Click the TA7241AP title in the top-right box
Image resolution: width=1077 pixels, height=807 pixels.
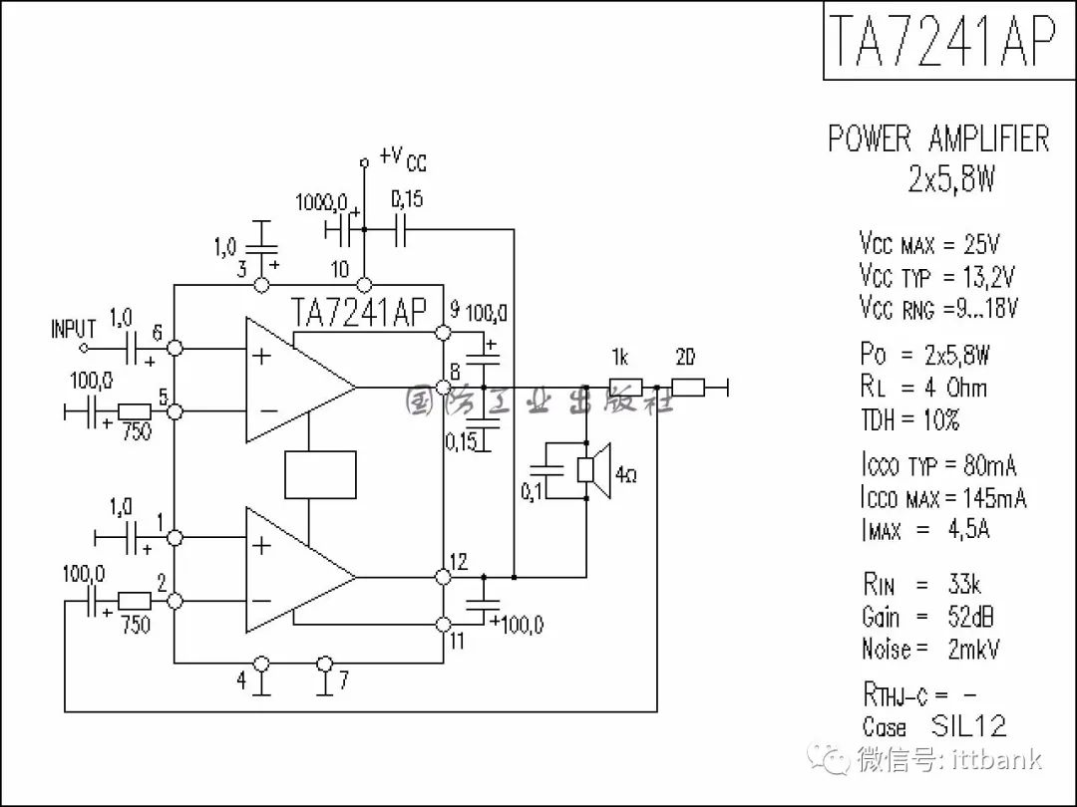pyautogui.click(x=941, y=40)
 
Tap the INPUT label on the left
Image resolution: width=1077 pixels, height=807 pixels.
pyautogui.click(x=74, y=329)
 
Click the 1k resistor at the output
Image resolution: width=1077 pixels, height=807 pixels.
pyautogui.click(x=625, y=388)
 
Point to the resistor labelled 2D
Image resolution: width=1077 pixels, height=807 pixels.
pyautogui.click(x=687, y=388)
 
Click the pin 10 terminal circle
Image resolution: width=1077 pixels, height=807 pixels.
pyautogui.click(x=365, y=285)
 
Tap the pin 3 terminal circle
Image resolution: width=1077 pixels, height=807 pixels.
pyautogui.click(x=261, y=285)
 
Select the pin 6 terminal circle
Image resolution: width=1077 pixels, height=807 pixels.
pyautogui.click(x=176, y=348)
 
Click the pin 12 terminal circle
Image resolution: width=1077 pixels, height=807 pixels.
pyautogui.click(x=444, y=577)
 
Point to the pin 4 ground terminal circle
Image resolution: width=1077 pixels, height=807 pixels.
pyautogui.click(x=261, y=664)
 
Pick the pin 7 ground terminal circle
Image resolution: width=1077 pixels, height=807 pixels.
pyautogui.click(x=325, y=664)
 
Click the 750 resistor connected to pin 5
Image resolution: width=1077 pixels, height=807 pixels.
pyautogui.click(x=135, y=411)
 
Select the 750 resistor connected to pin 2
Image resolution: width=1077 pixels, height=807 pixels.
pyautogui.click(x=135, y=601)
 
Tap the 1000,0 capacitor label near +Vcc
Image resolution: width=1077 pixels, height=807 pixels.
pyautogui.click(x=321, y=202)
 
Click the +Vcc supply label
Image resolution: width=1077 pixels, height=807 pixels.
pyautogui.click(x=403, y=158)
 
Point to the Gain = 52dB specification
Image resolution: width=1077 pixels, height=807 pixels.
pyautogui.click(x=928, y=617)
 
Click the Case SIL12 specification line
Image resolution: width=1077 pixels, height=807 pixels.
pyautogui.click(x=934, y=726)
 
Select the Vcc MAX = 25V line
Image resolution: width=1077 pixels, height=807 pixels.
pyautogui.click(x=928, y=244)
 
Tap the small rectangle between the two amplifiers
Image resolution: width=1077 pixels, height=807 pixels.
pyautogui.click(x=320, y=475)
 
